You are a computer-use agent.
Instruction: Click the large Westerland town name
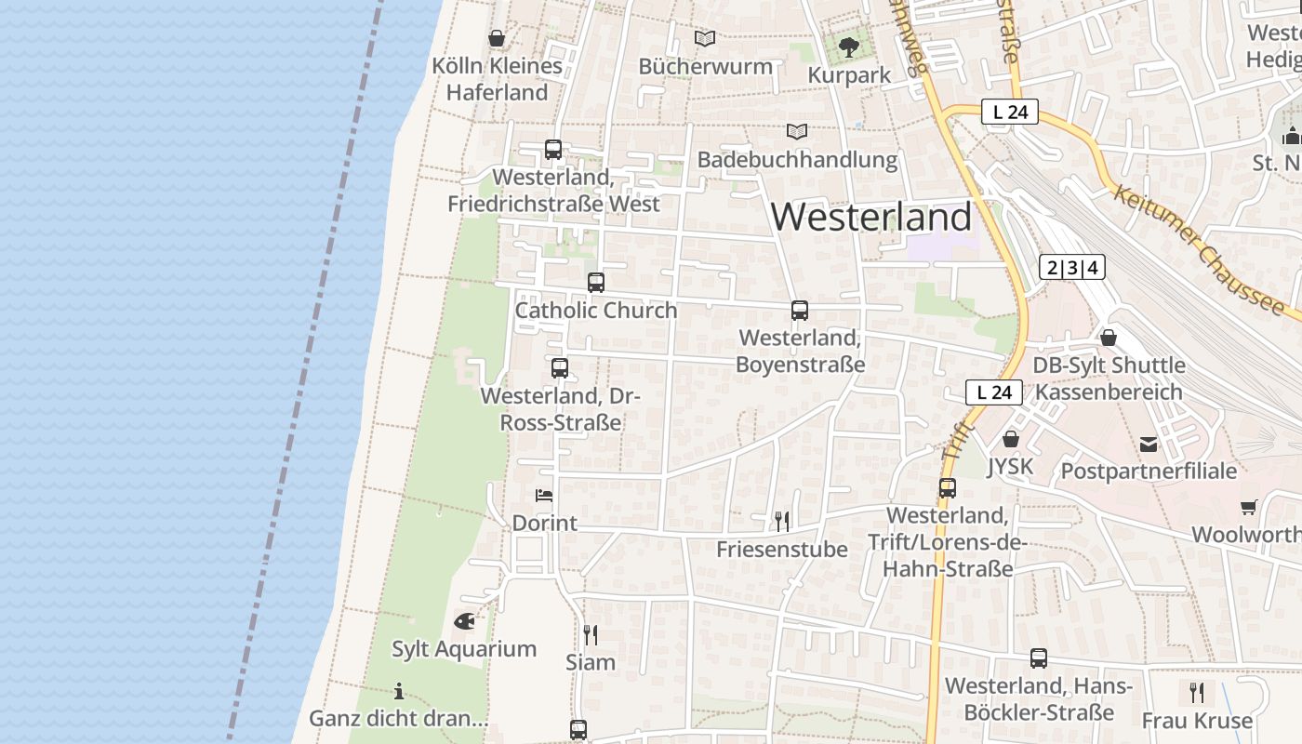(871, 217)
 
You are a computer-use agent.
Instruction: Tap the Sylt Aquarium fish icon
(464, 620)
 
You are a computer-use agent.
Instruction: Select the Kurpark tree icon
(848, 46)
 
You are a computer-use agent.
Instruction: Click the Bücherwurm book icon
(705, 38)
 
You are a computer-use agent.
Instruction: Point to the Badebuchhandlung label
(797, 160)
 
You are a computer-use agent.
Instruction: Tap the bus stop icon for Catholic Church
(596, 282)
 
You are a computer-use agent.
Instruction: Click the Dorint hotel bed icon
(544, 495)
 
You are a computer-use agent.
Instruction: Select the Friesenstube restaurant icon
(782, 521)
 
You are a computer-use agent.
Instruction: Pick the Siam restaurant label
(591, 662)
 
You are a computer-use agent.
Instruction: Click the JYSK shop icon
(1010, 438)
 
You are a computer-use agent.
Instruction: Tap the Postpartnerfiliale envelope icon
(1149, 444)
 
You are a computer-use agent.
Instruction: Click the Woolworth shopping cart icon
(1248, 507)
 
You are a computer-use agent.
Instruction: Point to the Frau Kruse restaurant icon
(1197, 692)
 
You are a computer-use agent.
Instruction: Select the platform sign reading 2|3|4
(1072, 268)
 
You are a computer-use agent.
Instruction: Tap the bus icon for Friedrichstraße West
(553, 149)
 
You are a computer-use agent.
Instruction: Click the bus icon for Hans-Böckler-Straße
(1039, 658)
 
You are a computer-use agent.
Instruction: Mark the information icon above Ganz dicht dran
(399, 691)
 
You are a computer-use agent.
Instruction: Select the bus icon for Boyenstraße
(800, 311)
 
